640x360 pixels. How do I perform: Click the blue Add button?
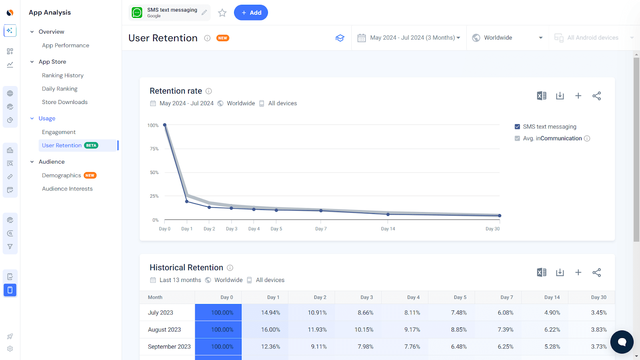[251, 13]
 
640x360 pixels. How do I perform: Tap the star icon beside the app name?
[222, 13]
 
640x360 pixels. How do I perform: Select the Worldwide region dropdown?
[507, 38]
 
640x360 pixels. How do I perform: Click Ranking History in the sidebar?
[63, 75]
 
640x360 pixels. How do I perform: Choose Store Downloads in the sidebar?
[65, 102]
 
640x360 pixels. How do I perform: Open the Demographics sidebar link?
[62, 175]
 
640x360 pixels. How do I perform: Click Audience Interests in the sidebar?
[67, 189]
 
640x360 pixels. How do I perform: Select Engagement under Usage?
[59, 132]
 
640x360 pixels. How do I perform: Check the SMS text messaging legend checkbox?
[517, 127]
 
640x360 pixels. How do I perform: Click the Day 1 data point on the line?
[187, 201]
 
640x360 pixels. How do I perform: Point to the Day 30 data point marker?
[500, 216]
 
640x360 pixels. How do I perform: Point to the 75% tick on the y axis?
[154, 149]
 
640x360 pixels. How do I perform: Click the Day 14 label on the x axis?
[388, 229]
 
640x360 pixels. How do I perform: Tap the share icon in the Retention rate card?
[596, 96]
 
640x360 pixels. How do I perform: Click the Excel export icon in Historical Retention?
[542, 272]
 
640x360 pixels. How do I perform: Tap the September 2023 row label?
[169, 347]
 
